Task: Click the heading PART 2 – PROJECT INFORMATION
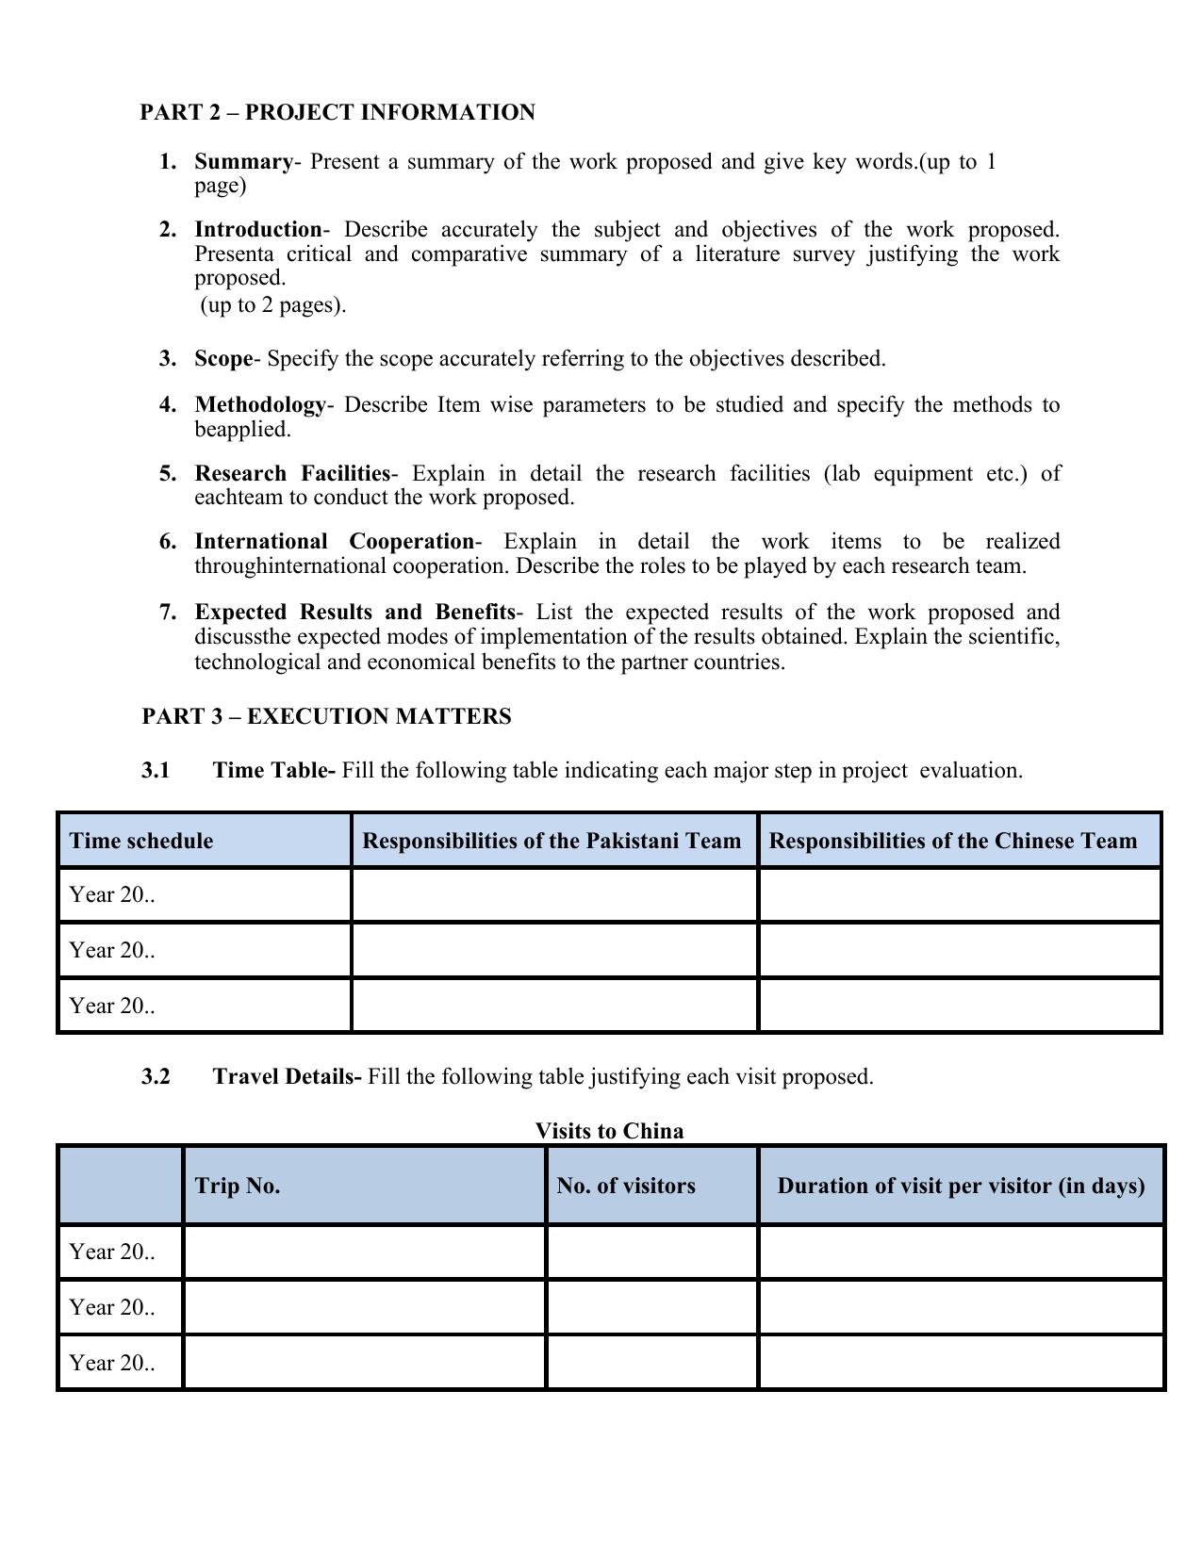(x=337, y=113)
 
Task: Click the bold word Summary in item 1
(x=243, y=162)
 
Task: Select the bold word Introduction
(x=258, y=230)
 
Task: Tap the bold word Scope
(x=223, y=359)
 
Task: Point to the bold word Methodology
(x=260, y=405)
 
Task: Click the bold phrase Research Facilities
(x=292, y=473)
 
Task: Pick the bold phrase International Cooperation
(x=334, y=542)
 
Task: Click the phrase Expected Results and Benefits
(x=354, y=613)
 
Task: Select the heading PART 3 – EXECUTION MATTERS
(x=326, y=717)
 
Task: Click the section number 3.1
(x=156, y=771)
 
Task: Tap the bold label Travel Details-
(x=287, y=1077)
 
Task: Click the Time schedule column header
(x=141, y=841)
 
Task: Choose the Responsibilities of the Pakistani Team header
(x=552, y=841)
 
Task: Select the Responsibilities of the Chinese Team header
(x=953, y=841)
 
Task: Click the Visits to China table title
(x=609, y=1131)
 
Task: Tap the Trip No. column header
(x=238, y=1186)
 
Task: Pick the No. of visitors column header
(x=626, y=1186)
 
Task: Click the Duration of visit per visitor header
(x=961, y=1186)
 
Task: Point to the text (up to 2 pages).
(x=273, y=305)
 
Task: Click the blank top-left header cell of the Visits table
(x=121, y=1186)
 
